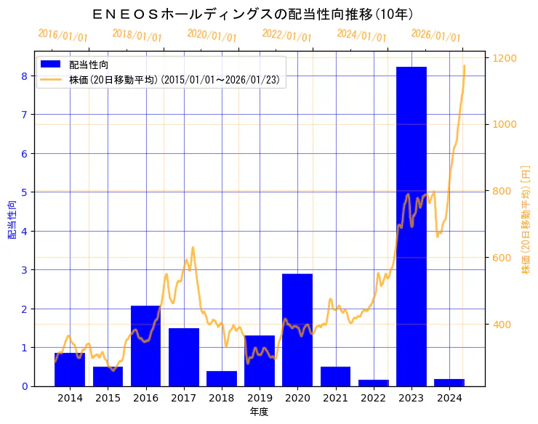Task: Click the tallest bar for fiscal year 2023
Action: pyautogui.click(x=411, y=226)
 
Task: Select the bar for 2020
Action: pyautogui.click(x=297, y=330)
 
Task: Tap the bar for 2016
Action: pyautogui.click(x=145, y=346)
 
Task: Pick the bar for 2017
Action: pyautogui.click(x=184, y=356)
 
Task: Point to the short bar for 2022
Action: pyautogui.click(x=374, y=383)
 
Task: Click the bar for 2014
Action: pyautogui.click(x=70, y=369)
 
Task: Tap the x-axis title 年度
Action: pyautogui.click(x=260, y=412)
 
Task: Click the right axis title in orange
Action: pyautogui.click(x=526, y=219)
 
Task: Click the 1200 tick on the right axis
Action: pyautogui.click(x=506, y=58)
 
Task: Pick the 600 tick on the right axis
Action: pyautogui.click(x=503, y=258)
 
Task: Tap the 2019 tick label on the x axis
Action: pyautogui.click(x=260, y=398)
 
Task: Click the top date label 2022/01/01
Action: pyautogui.click(x=286, y=36)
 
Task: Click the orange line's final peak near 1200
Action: pyautogui.click(x=464, y=66)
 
